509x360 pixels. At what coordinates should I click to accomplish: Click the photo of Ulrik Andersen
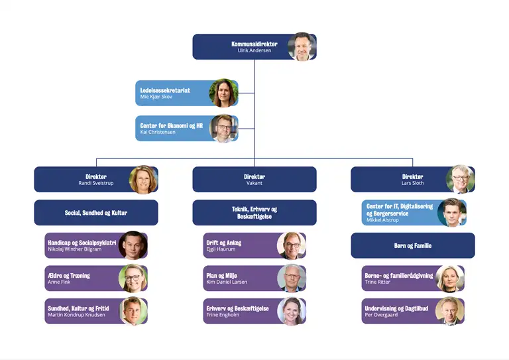[302, 47]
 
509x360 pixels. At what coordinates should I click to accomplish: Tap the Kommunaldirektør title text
[254, 44]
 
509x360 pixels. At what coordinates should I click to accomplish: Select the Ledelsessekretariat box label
[165, 90]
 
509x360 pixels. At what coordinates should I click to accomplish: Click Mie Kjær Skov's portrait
[223, 93]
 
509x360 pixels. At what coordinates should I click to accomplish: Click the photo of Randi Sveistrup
[143, 180]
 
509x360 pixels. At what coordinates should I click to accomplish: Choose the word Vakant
[254, 183]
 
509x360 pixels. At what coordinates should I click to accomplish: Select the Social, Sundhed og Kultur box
[96, 213]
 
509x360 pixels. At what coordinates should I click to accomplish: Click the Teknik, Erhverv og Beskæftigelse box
[254, 213]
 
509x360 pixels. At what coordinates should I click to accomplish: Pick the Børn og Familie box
[412, 245]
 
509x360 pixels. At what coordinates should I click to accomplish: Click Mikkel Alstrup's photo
[452, 213]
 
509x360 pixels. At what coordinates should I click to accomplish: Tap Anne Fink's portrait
[133, 278]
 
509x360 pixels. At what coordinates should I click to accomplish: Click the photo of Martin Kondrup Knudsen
[133, 311]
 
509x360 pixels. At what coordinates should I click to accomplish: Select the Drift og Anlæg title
[224, 243]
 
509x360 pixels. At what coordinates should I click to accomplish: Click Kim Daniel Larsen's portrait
[291, 278]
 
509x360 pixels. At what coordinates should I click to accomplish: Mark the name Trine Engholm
[223, 314]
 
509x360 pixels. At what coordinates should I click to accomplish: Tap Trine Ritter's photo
[449, 278]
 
